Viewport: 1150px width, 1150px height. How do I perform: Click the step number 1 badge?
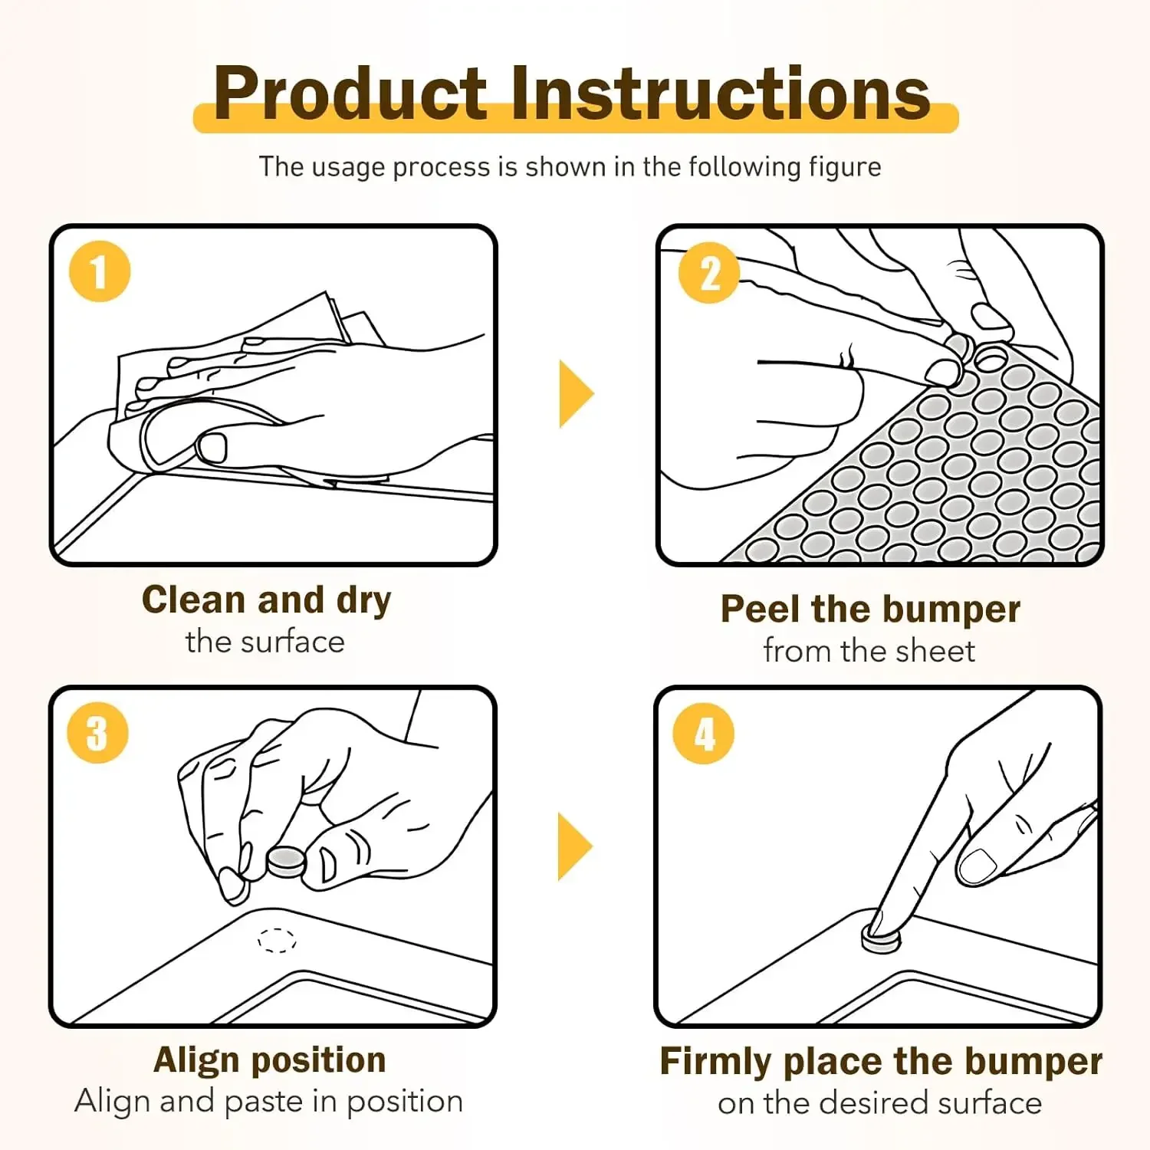[x=100, y=271]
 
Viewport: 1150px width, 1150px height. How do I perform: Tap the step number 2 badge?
[x=709, y=273]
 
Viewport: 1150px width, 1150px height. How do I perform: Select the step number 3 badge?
[x=97, y=733]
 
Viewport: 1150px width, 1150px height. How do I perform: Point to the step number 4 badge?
[x=704, y=733]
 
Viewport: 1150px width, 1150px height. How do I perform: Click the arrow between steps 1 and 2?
[x=575, y=393]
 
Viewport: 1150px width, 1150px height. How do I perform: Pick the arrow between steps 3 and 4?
[x=575, y=846]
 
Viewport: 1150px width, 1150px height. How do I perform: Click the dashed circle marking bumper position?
[x=277, y=940]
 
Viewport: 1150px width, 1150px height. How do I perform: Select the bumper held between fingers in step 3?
[x=287, y=862]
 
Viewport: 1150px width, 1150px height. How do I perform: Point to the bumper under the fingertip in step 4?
[x=880, y=938]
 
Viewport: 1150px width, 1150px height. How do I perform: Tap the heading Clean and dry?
[x=266, y=600]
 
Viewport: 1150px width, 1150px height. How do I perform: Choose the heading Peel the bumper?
[x=870, y=609]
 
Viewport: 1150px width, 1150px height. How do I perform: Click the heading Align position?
[x=270, y=1060]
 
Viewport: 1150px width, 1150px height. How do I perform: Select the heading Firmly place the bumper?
[x=881, y=1062]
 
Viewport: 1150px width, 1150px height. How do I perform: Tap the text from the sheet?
[x=869, y=651]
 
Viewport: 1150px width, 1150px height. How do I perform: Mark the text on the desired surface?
[x=880, y=1102]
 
